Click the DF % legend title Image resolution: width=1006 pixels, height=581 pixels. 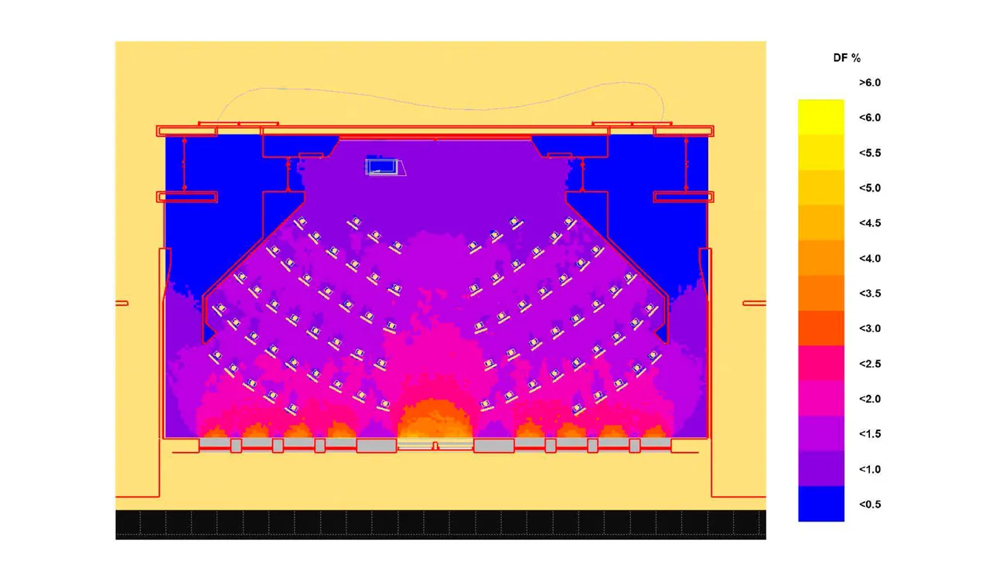pos(847,58)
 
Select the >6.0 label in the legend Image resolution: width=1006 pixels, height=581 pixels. pos(870,83)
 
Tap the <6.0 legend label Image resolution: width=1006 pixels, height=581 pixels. pos(870,117)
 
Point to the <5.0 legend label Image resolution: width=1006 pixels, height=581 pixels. pos(870,188)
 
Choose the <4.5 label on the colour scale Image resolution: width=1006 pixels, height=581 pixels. pos(870,223)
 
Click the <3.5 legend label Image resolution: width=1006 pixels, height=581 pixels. pos(870,294)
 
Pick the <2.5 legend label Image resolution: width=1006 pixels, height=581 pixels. pos(870,364)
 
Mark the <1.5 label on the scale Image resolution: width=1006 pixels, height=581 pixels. pos(870,434)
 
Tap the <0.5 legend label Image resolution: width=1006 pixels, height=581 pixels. pos(870,505)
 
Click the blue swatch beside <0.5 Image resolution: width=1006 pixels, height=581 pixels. pos(821,504)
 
